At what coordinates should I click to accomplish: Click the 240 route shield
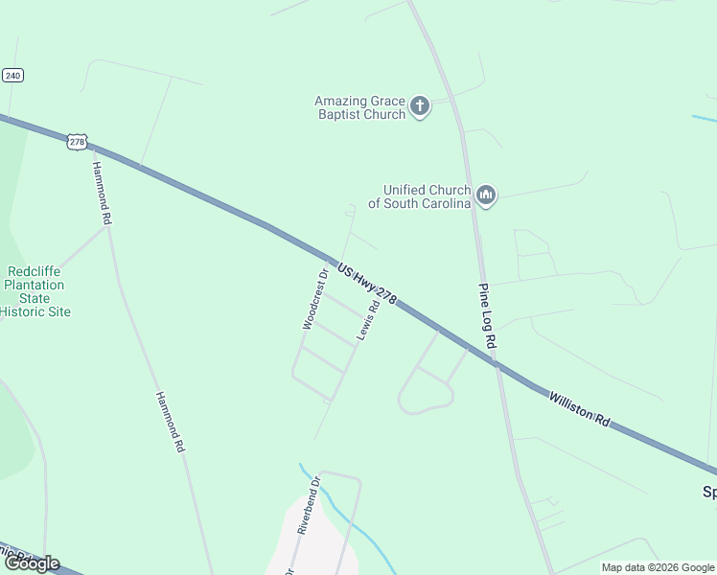pos(12,75)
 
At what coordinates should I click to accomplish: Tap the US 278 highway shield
pos(78,142)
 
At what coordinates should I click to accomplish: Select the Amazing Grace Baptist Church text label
pos(360,107)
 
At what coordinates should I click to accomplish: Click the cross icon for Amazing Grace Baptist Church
pos(420,106)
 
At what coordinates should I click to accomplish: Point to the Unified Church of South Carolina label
pos(427,196)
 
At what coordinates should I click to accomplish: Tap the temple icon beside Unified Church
pos(486,196)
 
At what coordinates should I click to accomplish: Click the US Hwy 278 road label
pos(367,282)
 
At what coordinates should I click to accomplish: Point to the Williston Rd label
pos(579,406)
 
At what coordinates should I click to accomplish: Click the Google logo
pos(32,563)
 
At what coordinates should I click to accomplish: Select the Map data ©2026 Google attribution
pos(658,567)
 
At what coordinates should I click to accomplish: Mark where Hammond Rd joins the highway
pos(91,146)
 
